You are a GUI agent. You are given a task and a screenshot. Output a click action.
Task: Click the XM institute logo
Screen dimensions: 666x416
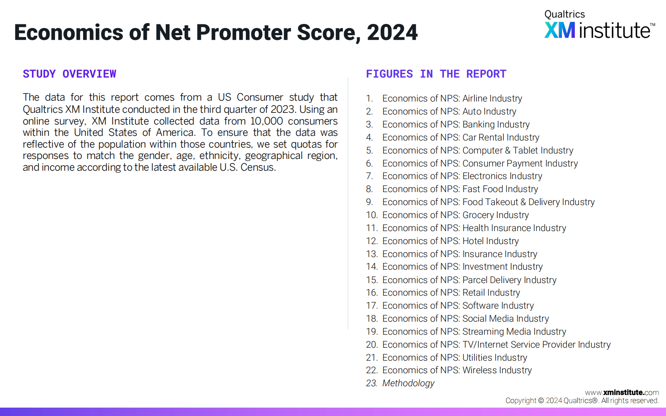(599, 25)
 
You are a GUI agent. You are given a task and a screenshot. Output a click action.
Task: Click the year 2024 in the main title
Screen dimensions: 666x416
(392, 32)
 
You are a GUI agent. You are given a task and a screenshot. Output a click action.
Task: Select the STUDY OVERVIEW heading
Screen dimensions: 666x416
(70, 74)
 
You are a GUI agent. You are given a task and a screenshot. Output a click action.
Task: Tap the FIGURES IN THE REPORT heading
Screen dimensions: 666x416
(436, 74)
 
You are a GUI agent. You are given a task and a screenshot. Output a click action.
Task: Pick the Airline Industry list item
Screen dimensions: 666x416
(452, 99)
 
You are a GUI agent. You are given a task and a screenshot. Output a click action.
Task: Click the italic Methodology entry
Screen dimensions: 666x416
(408, 383)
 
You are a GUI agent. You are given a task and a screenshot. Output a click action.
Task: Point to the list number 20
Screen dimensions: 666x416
(372, 344)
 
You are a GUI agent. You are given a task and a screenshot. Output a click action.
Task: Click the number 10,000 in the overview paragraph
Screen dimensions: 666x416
(267, 121)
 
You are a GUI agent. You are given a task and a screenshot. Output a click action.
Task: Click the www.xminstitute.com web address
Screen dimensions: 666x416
(622, 393)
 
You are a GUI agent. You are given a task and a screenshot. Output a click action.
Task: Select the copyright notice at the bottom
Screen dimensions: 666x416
(582, 400)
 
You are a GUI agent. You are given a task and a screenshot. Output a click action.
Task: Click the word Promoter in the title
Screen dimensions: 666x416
(243, 32)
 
